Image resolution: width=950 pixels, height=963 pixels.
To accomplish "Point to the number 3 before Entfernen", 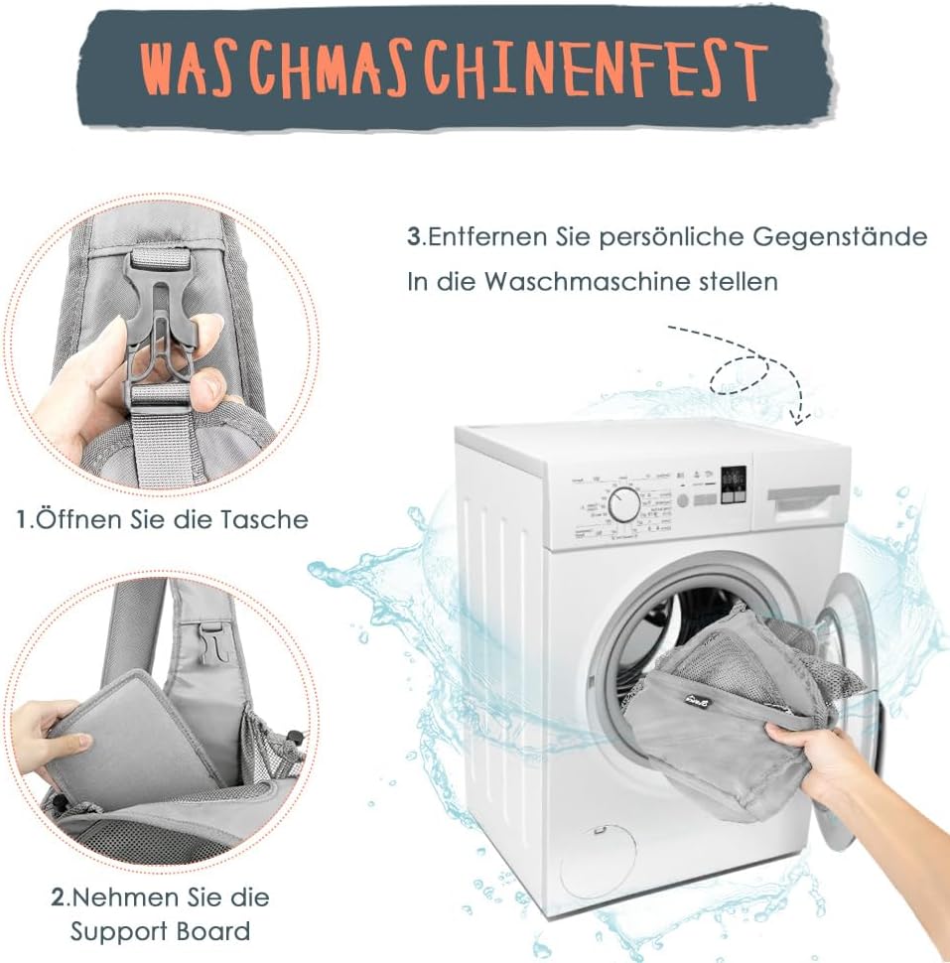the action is click(415, 237).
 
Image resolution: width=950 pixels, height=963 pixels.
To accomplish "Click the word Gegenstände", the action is click(840, 237).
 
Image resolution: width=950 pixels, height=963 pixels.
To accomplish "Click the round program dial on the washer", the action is click(624, 505).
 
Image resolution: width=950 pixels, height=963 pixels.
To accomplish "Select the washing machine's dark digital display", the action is click(734, 484).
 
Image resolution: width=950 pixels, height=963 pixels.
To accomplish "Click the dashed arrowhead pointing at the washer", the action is click(800, 417).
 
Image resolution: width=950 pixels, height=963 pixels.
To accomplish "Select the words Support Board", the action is click(160, 931).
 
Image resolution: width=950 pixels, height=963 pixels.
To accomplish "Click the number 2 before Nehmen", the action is click(58, 897).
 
